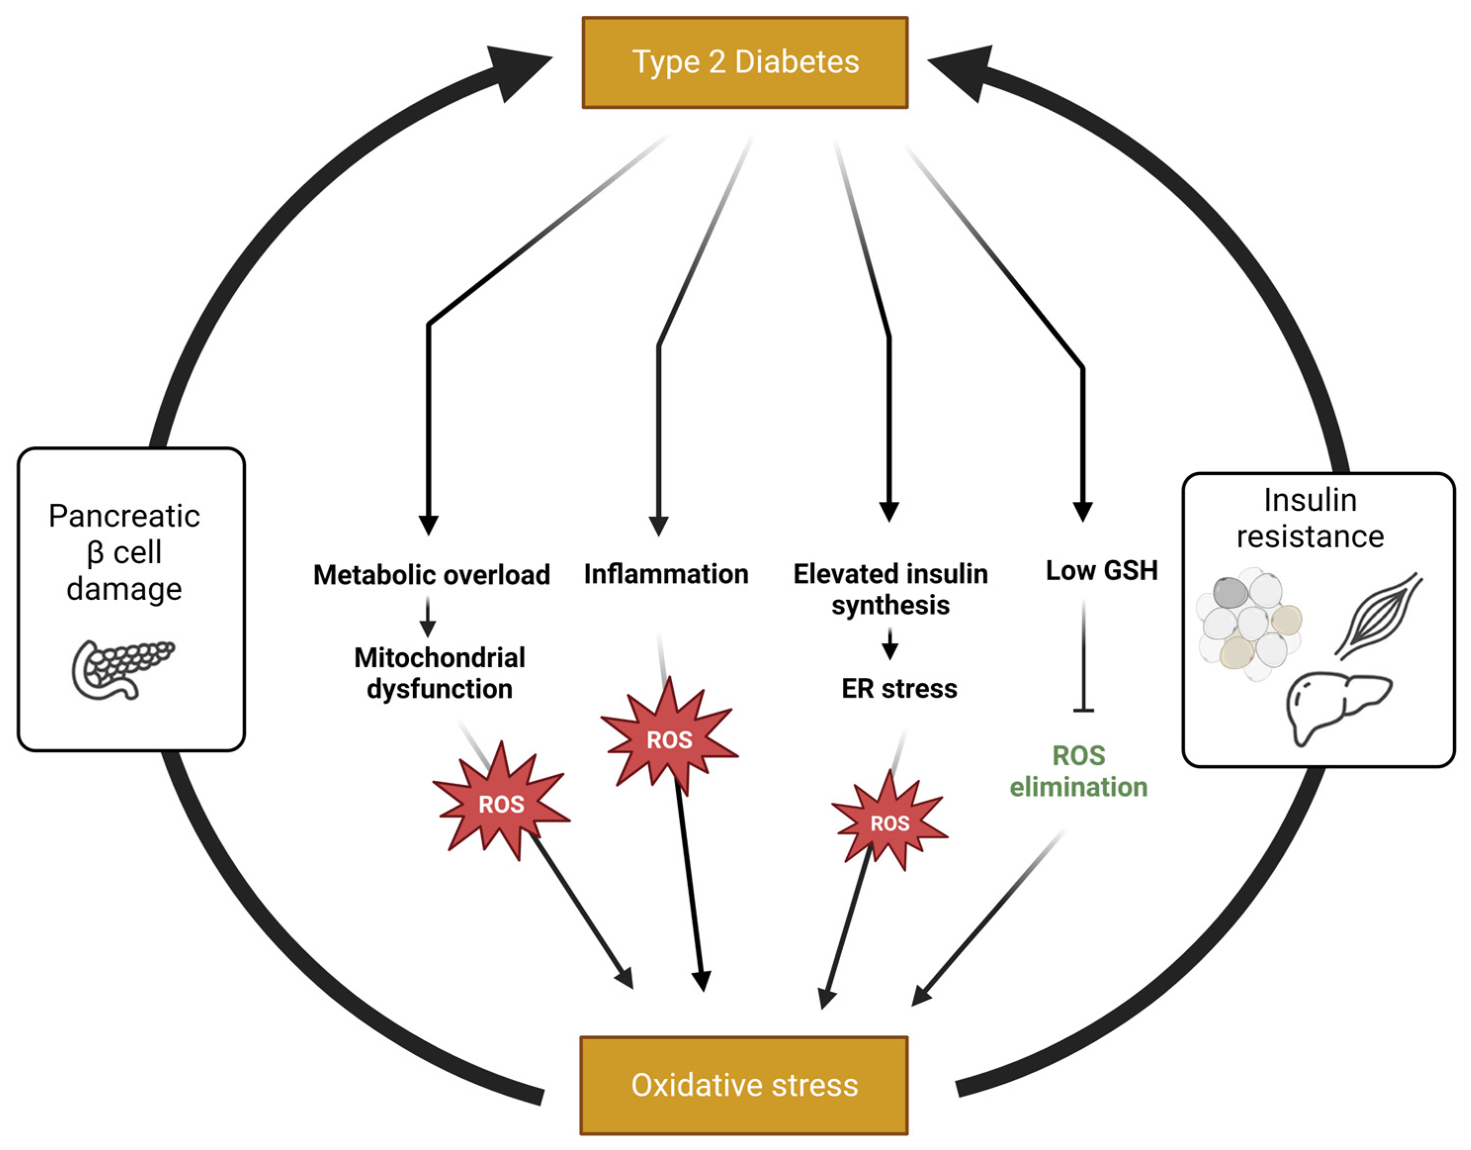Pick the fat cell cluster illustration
click(x=1250, y=623)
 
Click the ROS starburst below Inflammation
click(x=669, y=739)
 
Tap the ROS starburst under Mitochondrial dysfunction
click(x=501, y=803)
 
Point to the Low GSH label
click(x=1101, y=571)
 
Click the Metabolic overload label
click(x=432, y=575)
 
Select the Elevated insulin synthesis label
click(x=890, y=589)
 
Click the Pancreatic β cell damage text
click(x=125, y=552)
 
